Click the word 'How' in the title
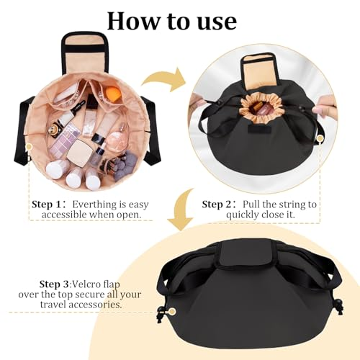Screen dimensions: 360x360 point(133,21)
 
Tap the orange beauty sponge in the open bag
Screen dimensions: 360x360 point(113,92)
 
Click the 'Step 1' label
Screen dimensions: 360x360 point(47,204)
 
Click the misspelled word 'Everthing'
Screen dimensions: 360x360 point(95,204)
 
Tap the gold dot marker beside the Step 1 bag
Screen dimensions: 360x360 point(29,146)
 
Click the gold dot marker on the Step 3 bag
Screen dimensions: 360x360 point(172,312)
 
